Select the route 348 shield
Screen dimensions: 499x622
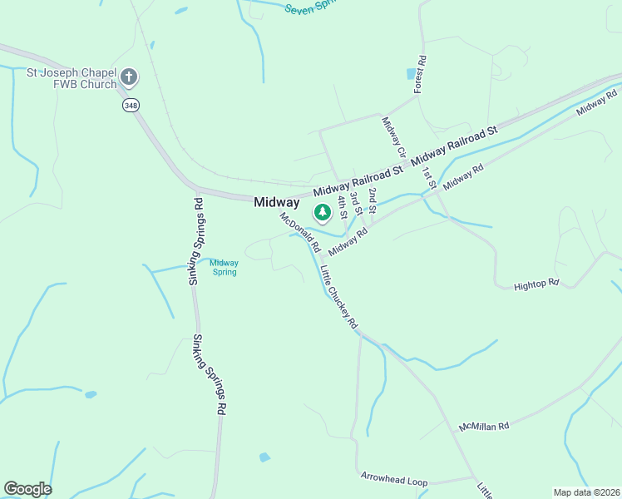[130, 105]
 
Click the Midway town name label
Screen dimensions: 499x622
[276, 202]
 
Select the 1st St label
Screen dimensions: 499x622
[428, 179]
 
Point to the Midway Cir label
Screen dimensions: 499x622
[393, 137]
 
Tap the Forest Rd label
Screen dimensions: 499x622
[421, 75]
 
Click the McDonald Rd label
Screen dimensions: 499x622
[299, 232]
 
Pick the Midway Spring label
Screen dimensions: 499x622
[224, 267]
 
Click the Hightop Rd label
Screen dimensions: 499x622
[536, 284]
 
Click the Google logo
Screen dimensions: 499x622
[27, 489]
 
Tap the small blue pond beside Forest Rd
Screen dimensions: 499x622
[411, 74]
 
